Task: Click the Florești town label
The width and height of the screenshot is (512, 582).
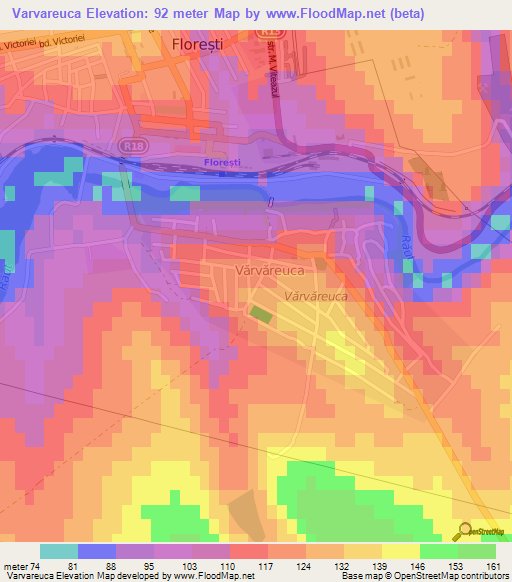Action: pos(207,45)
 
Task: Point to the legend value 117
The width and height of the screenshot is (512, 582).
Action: pos(237,565)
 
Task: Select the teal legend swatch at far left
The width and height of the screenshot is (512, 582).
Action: pos(58,551)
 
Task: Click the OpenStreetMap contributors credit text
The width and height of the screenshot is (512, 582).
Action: pos(455,576)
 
